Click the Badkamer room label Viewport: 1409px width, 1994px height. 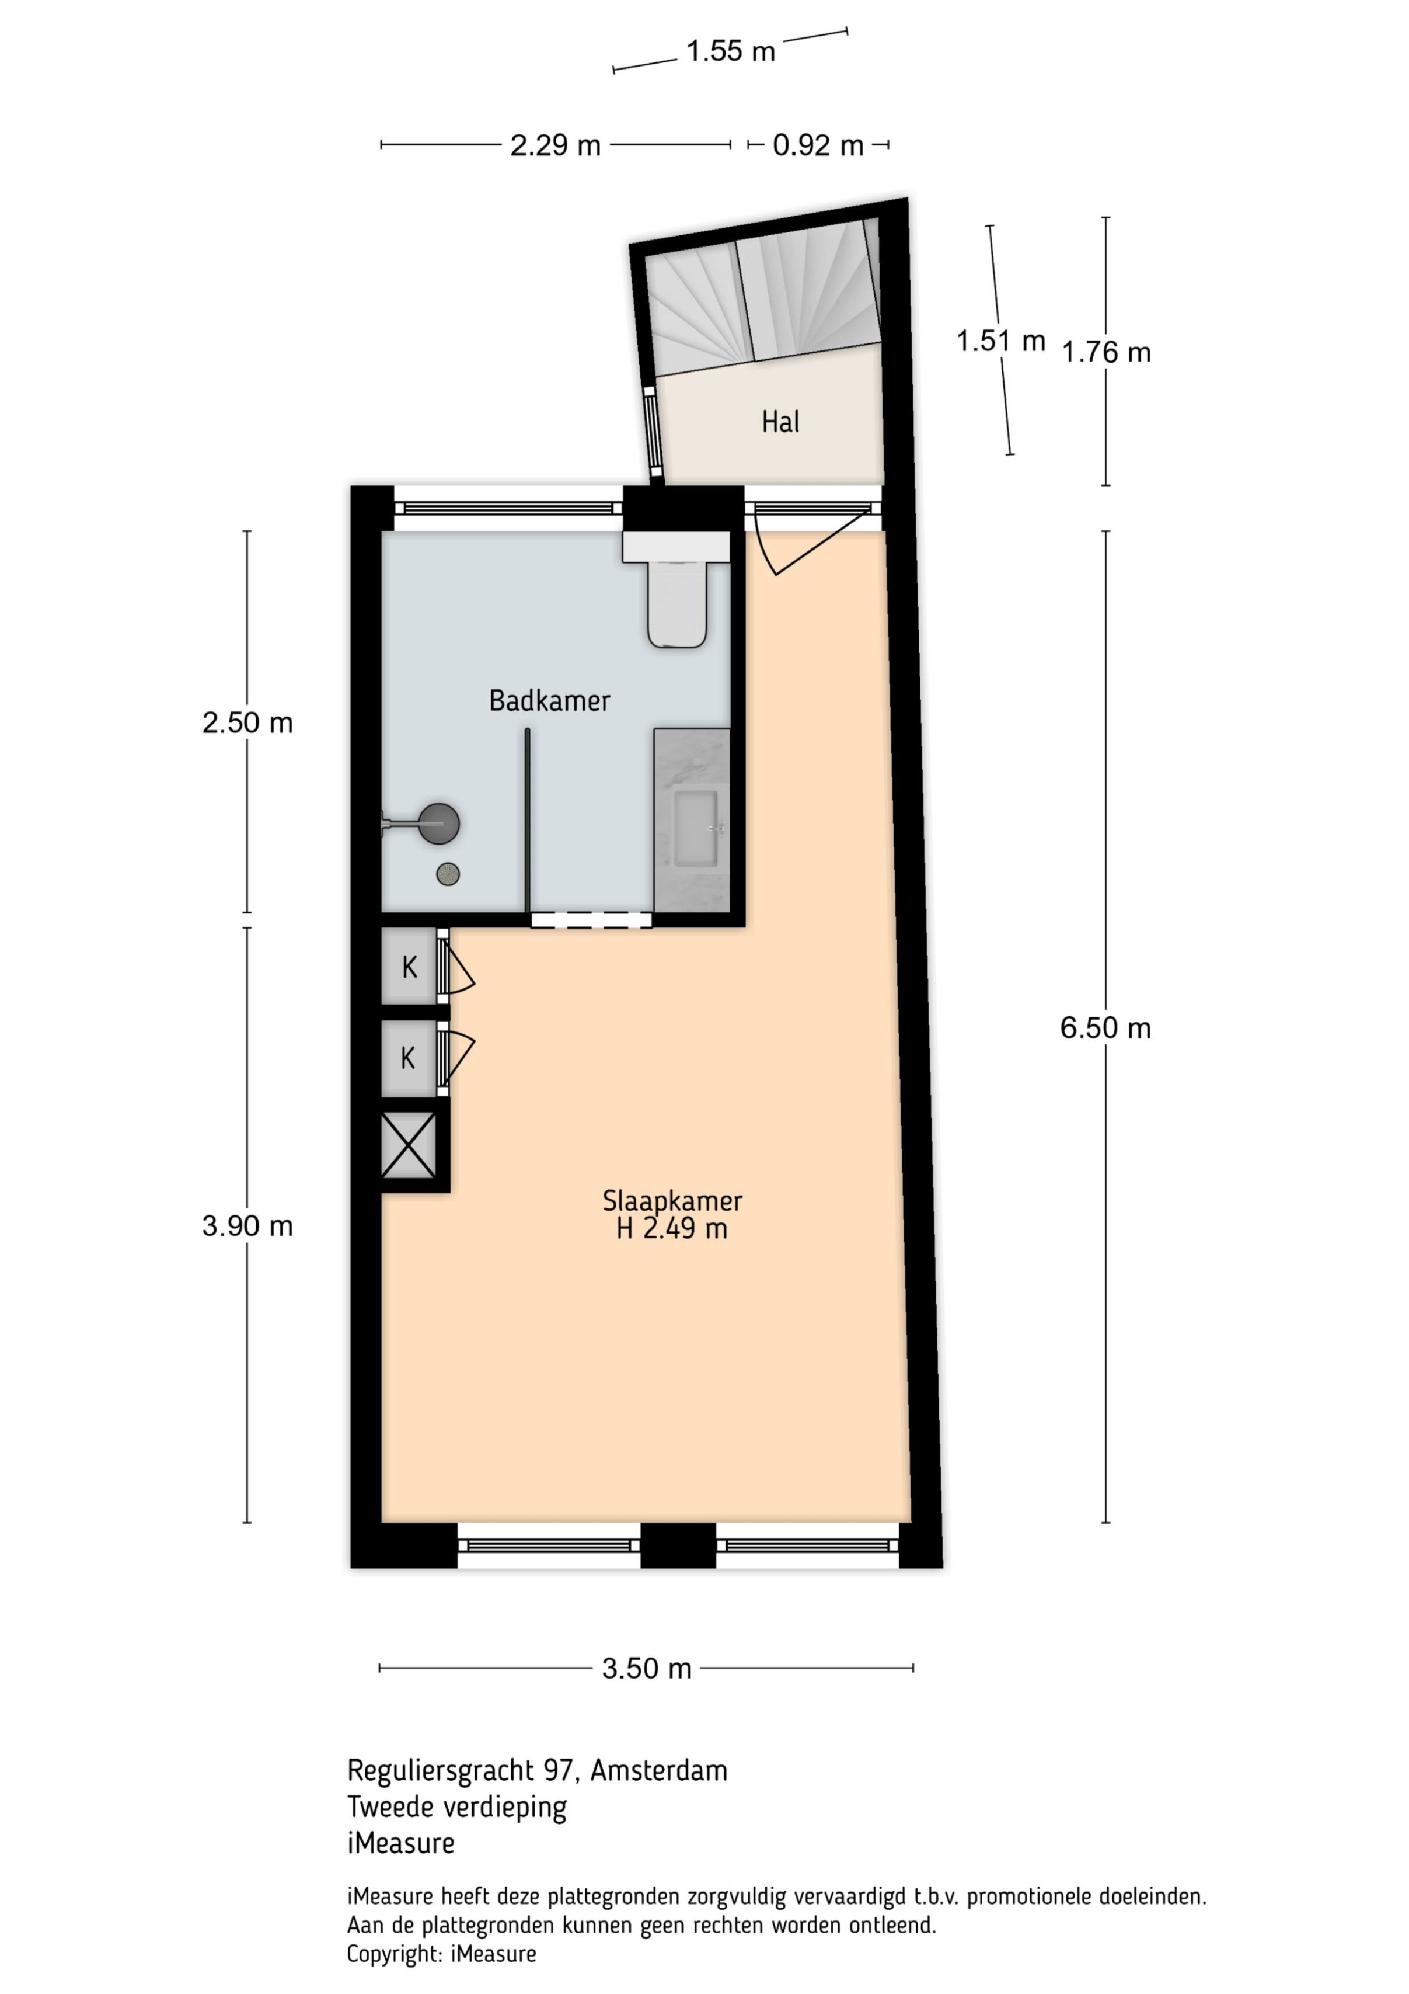[550, 701]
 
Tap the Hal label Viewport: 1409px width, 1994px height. [780, 422]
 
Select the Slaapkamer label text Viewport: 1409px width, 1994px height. [672, 1201]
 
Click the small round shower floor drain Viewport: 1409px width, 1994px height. [448, 874]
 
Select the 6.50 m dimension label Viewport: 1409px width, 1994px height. [1105, 1029]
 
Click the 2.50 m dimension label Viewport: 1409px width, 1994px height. [247, 722]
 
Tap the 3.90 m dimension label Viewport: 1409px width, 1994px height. [247, 1227]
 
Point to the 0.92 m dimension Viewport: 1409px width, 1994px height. [818, 145]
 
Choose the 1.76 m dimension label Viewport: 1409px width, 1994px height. [1106, 352]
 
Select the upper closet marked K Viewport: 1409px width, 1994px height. [409, 967]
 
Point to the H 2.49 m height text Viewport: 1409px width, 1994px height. [672, 1229]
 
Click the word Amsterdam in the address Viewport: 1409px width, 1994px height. [659, 1770]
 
